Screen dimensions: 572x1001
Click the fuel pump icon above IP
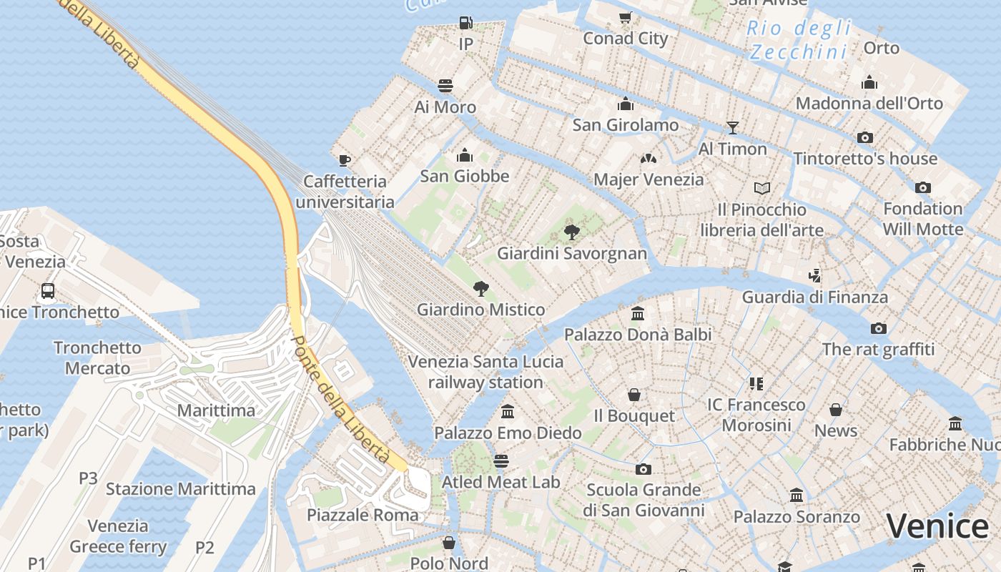[x=465, y=23]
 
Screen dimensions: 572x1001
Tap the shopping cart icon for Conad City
[x=625, y=17]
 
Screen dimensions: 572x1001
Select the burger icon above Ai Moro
[x=445, y=86]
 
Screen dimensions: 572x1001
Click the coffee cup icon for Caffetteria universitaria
[x=345, y=159]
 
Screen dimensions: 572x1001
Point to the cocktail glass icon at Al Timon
[x=732, y=128]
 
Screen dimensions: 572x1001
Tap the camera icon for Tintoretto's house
[x=865, y=137]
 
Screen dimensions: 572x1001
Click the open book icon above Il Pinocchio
[x=762, y=188]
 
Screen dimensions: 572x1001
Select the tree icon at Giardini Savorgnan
[x=571, y=232]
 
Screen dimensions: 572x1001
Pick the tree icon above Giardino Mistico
[x=481, y=289]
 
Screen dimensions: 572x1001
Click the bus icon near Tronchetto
[x=48, y=291]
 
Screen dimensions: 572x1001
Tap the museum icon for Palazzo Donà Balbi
[x=638, y=313]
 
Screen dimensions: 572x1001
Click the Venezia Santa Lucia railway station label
[x=485, y=372]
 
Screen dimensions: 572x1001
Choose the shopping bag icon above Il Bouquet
[x=633, y=395]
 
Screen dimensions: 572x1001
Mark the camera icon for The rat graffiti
[x=879, y=328]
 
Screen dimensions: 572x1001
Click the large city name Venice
[x=937, y=526]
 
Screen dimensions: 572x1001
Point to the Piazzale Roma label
[x=363, y=515]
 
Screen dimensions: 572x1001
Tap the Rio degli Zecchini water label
[x=799, y=40]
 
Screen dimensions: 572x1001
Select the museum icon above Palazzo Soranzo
[x=797, y=495]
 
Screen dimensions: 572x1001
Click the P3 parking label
[x=88, y=478]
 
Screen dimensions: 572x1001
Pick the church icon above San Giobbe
[x=465, y=154]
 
